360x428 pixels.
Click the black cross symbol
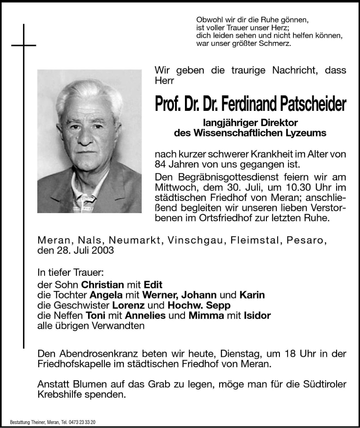click(23, 45)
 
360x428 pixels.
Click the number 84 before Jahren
click(160, 164)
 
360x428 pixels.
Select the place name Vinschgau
click(193, 241)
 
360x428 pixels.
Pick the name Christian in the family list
click(102, 285)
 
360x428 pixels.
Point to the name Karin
click(252, 295)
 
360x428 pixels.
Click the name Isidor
click(258, 315)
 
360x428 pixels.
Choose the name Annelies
click(144, 315)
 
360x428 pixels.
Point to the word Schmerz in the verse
click(276, 44)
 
